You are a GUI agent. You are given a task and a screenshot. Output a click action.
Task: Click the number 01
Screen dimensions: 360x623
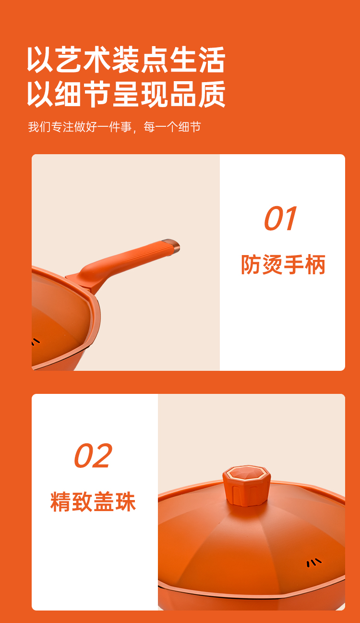[x=280, y=219]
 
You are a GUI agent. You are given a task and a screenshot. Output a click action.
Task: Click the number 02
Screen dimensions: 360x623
[x=93, y=455]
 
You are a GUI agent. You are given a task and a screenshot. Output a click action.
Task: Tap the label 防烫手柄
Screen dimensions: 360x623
[x=283, y=265]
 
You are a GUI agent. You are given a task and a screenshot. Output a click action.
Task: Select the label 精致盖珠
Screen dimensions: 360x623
[x=93, y=501]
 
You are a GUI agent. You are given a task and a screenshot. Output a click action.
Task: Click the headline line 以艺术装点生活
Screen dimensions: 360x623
[x=126, y=60]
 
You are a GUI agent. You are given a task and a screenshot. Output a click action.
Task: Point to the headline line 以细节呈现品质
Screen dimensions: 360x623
[x=126, y=94]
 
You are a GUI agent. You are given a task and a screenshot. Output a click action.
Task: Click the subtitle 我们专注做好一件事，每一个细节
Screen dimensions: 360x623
[x=114, y=127]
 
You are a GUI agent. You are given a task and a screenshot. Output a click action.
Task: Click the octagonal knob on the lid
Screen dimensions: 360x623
[x=246, y=485]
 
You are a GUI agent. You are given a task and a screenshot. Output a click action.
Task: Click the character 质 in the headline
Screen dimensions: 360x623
[x=212, y=94]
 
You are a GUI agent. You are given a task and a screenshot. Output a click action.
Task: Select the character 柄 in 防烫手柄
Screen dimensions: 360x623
[x=315, y=265]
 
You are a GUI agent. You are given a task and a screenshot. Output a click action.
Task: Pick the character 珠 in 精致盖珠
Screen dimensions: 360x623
[x=126, y=501]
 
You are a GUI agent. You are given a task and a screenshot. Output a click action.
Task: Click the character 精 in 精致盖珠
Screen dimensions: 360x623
[x=60, y=501]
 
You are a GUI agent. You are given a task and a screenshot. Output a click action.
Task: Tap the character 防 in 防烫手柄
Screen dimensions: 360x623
[x=251, y=265]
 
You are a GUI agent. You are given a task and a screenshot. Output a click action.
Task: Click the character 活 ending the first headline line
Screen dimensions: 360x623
[x=212, y=60]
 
